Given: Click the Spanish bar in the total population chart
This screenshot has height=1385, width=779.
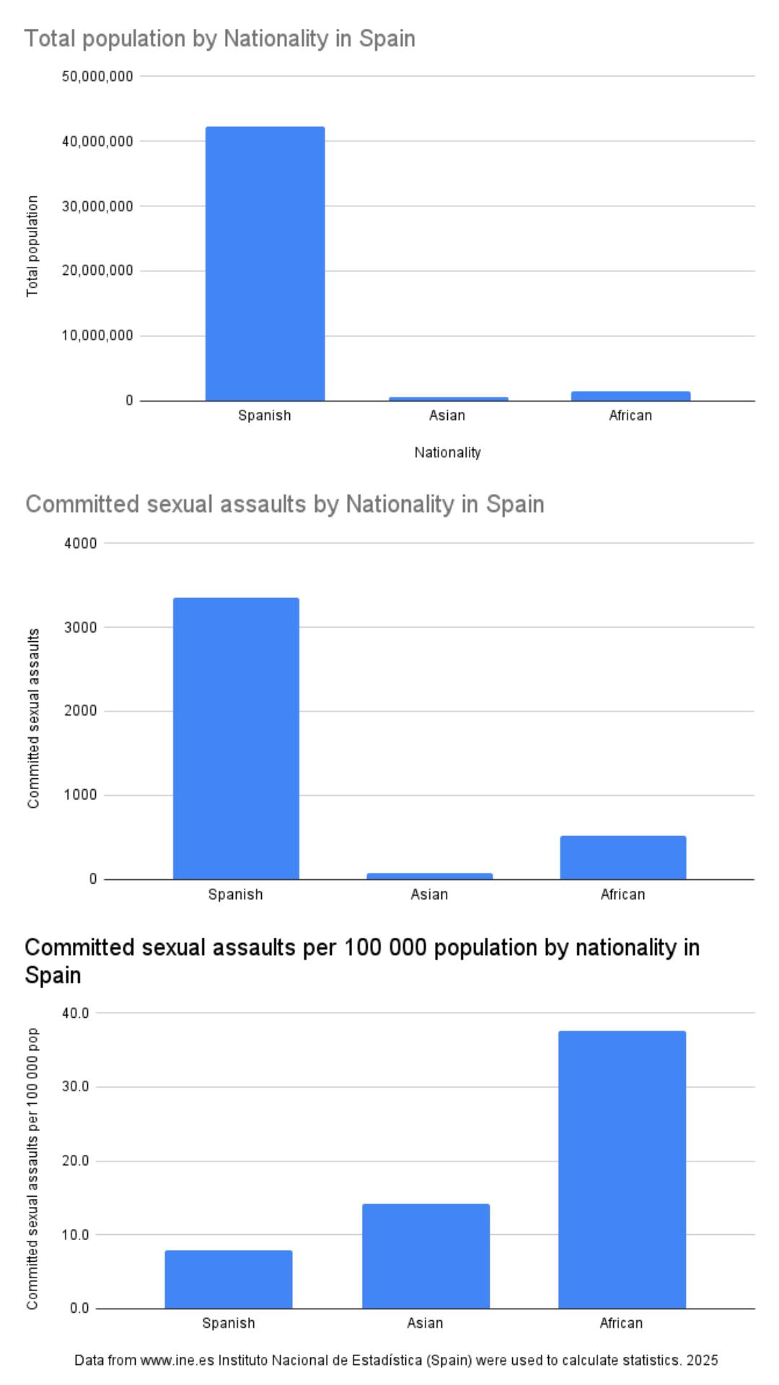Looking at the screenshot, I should (x=265, y=263).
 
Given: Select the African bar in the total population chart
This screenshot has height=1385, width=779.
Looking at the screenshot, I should (x=630, y=396).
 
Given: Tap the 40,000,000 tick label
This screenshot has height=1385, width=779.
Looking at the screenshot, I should (x=97, y=141).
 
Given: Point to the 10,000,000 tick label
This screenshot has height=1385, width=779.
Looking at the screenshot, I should (x=97, y=336).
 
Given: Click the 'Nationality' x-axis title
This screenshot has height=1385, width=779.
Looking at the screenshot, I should (x=447, y=453).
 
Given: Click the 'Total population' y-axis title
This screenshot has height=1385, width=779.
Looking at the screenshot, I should (x=32, y=246).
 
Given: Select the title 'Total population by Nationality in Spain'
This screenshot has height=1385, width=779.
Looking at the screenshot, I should (x=220, y=38).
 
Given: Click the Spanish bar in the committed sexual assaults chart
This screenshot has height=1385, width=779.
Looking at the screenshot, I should (x=236, y=738).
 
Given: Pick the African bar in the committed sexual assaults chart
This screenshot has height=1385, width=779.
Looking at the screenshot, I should (x=622, y=857).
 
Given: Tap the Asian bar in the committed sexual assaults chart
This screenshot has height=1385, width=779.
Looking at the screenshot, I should (x=429, y=876).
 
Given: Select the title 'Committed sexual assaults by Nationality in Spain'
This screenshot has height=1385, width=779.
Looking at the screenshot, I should (x=285, y=504).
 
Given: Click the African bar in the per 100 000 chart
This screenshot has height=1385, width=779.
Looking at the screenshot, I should (x=622, y=1169).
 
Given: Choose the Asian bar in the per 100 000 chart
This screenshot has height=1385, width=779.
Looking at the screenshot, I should (x=426, y=1255).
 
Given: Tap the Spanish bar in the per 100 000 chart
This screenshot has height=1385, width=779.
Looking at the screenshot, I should (x=229, y=1279).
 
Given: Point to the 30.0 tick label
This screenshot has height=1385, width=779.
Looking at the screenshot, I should (x=75, y=1087).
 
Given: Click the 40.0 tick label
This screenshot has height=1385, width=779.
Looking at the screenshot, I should (x=75, y=1013).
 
